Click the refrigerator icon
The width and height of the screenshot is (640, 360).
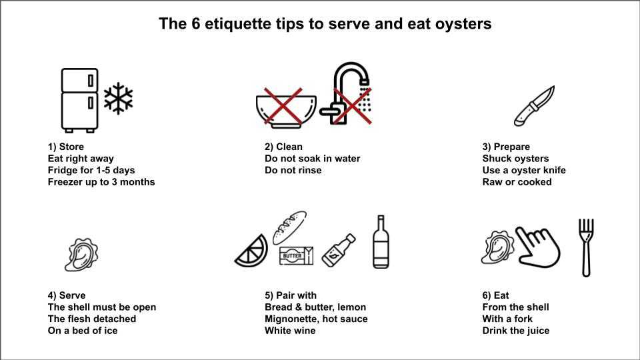tap(79, 101)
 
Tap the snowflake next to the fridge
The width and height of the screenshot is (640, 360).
tap(119, 99)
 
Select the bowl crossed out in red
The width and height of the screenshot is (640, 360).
tap(286, 109)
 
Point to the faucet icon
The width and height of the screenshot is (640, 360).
tap(346, 93)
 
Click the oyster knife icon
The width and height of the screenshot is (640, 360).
tap(534, 106)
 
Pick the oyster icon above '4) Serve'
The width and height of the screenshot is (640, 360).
tap(81, 255)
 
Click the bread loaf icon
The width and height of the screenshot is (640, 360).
tap(289, 228)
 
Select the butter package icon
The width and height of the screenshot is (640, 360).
tap(296, 256)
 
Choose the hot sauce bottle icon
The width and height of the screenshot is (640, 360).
tap(339, 250)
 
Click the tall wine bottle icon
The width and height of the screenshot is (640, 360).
tap(381, 241)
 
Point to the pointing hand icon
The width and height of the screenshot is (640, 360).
tap(537, 247)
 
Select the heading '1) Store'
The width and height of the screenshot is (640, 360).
tap(66, 147)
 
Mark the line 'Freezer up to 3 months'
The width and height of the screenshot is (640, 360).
tap(101, 182)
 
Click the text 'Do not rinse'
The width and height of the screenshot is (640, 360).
tap(293, 170)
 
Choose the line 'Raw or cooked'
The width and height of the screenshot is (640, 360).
tap(517, 182)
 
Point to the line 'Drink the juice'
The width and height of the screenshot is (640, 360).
tap(516, 331)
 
